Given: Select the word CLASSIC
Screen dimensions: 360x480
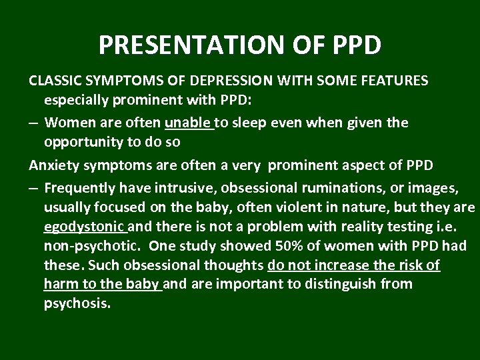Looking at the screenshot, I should (54, 81).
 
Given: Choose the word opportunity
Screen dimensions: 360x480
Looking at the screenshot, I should (84, 143).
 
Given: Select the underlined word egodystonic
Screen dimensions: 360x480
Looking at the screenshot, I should (83, 227).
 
